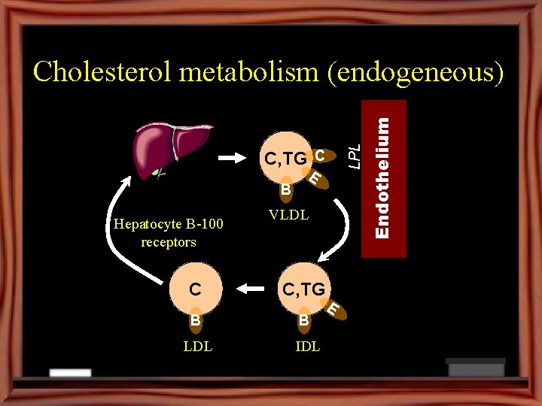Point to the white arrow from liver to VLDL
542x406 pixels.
pos(238,158)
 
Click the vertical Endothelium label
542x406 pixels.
pos(383,178)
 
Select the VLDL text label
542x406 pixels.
pos(288,215)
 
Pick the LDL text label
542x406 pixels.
pos(197,347)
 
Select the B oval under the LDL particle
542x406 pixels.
pos(195,319)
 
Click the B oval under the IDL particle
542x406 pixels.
pos(303,320)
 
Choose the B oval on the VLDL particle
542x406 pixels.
pos(285,189)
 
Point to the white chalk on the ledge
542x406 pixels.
pos(70,373)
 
